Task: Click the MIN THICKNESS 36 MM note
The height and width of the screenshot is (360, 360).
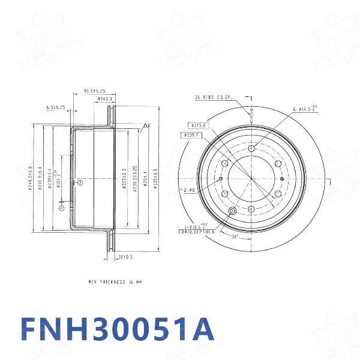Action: pos(115,281)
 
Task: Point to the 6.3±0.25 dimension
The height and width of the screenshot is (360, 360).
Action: pos(56,107)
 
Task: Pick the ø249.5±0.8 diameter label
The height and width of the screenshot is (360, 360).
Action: pos(30,179)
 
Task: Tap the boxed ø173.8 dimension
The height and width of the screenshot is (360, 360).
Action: pos(197,125)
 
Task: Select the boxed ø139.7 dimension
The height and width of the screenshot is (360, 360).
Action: pos(192,136)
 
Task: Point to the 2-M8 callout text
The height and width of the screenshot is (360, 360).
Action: pos(189,190)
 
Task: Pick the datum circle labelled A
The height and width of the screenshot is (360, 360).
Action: pos(61,208)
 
